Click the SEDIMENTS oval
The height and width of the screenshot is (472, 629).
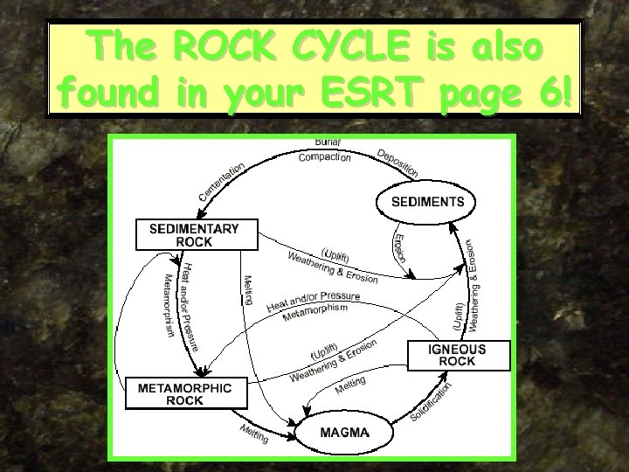[428, 202]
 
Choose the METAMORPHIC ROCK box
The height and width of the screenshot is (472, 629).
[178, 394]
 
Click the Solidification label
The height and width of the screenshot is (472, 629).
[433, 404]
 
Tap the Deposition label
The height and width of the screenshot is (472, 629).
[397, 162]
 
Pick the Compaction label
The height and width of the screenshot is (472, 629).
[325, 157]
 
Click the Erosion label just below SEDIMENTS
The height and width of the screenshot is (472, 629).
[399, 246]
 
